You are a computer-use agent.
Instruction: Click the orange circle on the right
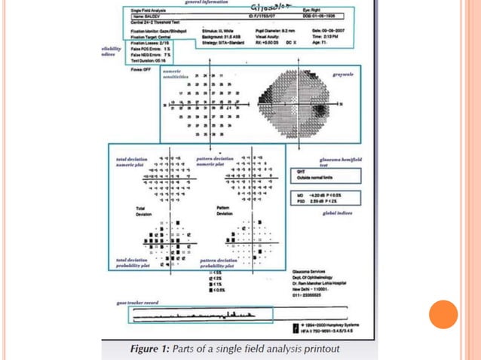click(443, 314)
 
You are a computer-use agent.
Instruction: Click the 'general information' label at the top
click(210, 2)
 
